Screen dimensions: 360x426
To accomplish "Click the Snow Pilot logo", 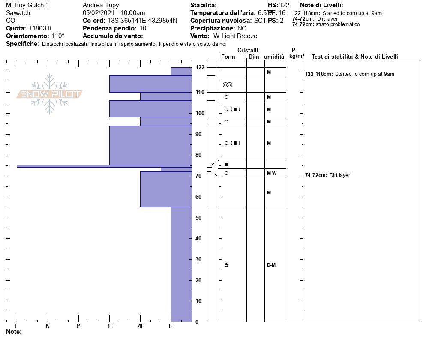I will click(x=50, y=94).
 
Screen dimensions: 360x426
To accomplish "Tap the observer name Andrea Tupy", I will click(x=101, y=5).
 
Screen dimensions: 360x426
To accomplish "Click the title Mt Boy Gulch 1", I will click(x=27, y=5).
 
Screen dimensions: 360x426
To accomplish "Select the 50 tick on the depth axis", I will click(x=198, y=218).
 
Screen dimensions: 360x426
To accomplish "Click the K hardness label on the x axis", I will click(x=48, y=326).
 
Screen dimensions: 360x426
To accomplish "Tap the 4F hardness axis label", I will click(x=141, y=326).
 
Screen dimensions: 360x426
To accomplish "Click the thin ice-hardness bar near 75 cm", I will click(x=103, y=166).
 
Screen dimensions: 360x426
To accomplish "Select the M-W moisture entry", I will click(x=271, y=174).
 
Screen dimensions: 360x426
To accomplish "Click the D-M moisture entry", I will click(x=271, y=265).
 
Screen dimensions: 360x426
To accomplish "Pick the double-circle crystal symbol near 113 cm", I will click(x=228, y=85).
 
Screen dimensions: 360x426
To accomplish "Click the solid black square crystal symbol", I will click(x=226, y=165).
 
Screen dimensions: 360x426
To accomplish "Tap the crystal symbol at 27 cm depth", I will click(x=226, y=265).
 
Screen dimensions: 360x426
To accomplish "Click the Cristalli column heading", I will click(x=248, y=51).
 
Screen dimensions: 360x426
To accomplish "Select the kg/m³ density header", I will click(x=297, y=56).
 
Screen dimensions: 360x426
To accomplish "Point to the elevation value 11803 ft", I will click(x=40, y=28).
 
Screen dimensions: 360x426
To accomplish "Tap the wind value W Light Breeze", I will click(x=235, y=36).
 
